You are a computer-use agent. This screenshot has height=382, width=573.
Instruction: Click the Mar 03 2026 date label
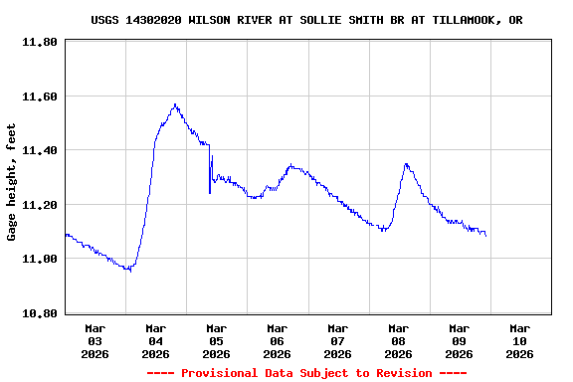[95, 340]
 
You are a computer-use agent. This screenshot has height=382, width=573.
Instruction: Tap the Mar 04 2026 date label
[156, 340]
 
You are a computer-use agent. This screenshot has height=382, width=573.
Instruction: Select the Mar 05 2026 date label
[217, 340]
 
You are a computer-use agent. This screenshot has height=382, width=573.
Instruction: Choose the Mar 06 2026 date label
[278, 340]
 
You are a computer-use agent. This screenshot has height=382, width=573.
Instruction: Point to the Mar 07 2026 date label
[338, 340]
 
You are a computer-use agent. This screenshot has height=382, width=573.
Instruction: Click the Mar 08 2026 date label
[399, 340]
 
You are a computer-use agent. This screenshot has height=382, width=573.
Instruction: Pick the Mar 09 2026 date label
[460, 340]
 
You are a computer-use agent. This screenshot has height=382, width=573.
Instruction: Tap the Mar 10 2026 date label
[520, 340]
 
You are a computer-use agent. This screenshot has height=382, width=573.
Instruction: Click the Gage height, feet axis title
[12, 182]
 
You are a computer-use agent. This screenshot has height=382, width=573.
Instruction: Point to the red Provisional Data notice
[307, 373]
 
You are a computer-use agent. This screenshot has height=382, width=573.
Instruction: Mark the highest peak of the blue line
[175, 103]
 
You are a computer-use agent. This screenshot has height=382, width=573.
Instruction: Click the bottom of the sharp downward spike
[210, 193]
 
